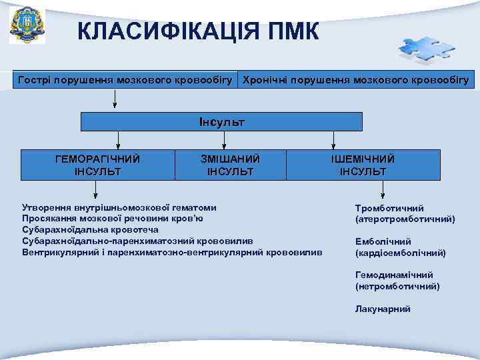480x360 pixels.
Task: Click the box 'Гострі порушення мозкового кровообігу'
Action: click(x=125, y=81)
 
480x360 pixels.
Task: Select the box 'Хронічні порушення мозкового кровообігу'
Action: click(x=356, y=81)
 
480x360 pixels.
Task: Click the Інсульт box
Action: click(x=222, y=122)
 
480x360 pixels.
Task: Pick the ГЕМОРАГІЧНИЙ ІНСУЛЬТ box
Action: click(x=97, y=165)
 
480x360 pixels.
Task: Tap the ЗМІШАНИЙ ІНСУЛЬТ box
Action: click(x=230, y=165)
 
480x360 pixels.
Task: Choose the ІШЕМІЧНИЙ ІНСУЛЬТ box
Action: click(x=363, y=165)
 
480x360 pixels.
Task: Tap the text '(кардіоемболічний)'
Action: click(x=401, y=253)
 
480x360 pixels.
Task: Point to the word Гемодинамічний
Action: click(x=395, y=275)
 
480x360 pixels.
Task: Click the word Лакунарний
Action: click(x=383, y=309)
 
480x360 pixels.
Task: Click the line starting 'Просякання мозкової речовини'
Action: click(x=113, y=218)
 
